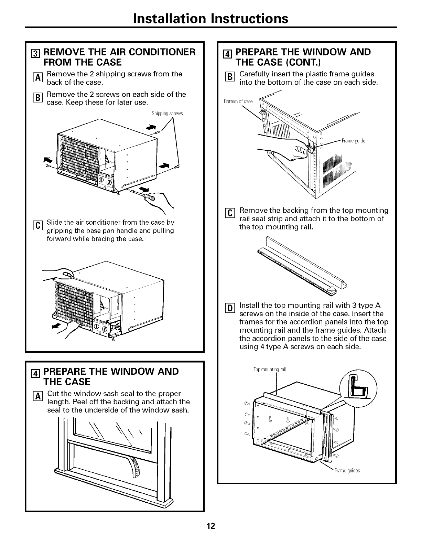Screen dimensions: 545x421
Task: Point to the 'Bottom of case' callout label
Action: tap(238, 101)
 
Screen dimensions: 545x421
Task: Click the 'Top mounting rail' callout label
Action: tap(270, 370)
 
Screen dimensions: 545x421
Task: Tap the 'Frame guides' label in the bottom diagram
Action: tap(347, 471)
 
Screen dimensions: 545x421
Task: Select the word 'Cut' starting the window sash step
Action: tap(54, 394)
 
